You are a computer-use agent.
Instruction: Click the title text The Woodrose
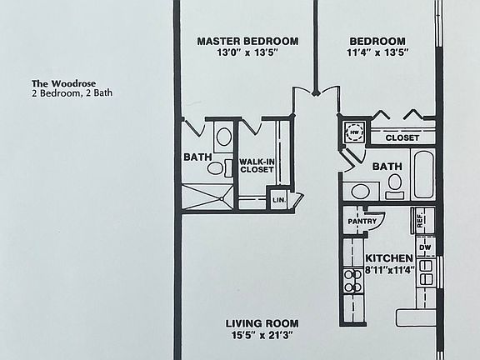tap(63, 83)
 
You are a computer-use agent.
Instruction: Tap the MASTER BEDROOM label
tap(247, 41)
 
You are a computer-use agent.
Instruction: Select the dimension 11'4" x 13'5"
tap(377, 52)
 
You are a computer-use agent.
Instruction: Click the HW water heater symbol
tap(354, 132)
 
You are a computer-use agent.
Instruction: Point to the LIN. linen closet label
tap(279, 200)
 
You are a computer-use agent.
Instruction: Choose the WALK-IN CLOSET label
tap(257, 166)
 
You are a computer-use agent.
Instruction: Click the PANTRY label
tap(362, 221)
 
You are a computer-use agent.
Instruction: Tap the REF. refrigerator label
tap(420, 219)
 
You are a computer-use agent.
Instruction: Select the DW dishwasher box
tap(426, 247)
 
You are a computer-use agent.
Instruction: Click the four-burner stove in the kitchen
tap(352, 280)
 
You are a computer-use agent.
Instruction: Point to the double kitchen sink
tap(426, 272)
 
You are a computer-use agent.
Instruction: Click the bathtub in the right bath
tap(423, 174)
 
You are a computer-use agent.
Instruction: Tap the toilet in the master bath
tap(219, 168)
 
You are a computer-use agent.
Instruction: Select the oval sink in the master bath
tap(224, 137)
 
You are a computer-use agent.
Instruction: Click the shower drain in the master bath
tap(221, 199)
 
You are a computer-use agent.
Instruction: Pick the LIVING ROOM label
tap(262, 323)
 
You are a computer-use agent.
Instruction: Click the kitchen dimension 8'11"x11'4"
tap(390, 270)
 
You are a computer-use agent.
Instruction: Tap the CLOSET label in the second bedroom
tap(402, 138)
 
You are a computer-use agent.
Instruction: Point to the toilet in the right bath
tap(395, 186)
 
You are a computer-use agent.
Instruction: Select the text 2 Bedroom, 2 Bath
tap(72, 92)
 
